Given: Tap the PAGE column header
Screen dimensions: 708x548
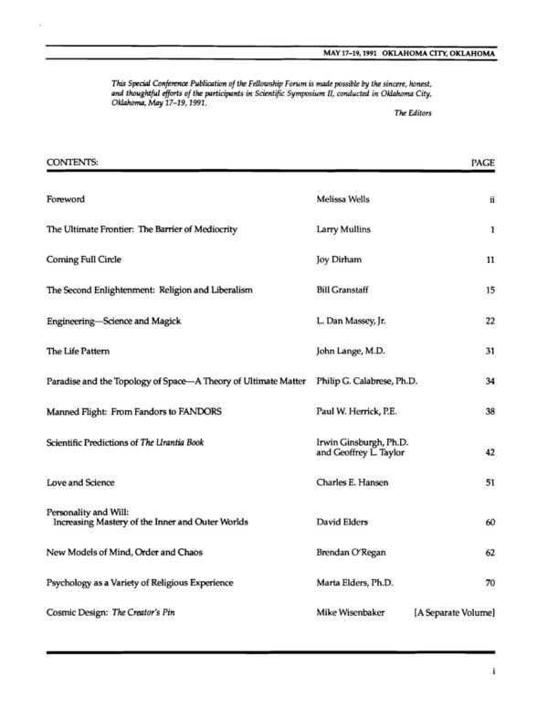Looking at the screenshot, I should [x=482, y=162].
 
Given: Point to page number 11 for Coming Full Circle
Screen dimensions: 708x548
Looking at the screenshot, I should [x=490, y=259].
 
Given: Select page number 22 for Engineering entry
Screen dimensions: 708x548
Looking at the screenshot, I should [x=490, y=320].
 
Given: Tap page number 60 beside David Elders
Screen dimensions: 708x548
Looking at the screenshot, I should [x=490, y=522].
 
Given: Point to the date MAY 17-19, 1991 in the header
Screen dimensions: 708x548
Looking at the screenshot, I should [x=362, y=54].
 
